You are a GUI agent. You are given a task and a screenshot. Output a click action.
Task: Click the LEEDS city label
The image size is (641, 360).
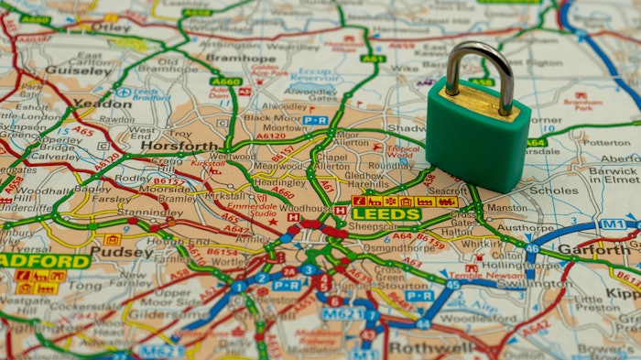click(386, 214)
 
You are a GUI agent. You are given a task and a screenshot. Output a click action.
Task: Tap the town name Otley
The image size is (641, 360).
click(113, 27)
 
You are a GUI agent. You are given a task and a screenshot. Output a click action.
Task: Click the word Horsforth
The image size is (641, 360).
click(179, 146)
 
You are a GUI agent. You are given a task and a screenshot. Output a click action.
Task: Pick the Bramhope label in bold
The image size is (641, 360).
click(241, 58)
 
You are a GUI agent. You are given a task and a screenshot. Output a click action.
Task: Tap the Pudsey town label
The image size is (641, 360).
click(122, 252)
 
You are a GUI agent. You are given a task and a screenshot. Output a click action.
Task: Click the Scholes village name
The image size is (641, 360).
click(553, 191)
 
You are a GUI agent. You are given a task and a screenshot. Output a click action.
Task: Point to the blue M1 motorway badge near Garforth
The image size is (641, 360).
click(612, 224)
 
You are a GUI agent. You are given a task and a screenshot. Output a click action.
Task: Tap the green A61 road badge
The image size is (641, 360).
click(372, 59)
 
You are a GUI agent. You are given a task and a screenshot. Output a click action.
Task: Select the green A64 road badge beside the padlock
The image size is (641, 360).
click(536, 142)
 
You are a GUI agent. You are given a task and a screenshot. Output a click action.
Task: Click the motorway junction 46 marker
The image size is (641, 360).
click(532, 247)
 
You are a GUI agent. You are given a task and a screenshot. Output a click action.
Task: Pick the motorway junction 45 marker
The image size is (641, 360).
click(452, 285)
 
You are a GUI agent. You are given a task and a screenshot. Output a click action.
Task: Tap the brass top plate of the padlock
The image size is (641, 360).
click(479, 103)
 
